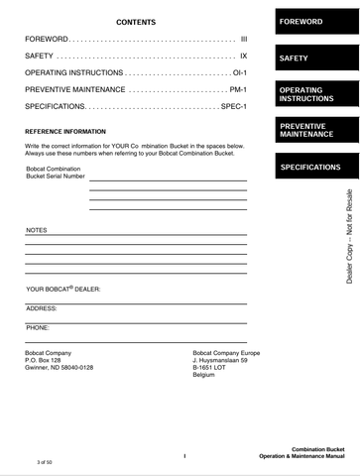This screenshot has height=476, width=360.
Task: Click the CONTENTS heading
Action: coord(136,21)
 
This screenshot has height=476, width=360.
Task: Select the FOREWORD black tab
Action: coord(315,22)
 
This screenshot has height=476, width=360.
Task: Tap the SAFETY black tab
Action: coord(315,59)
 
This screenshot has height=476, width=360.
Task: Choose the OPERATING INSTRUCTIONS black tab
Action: coord(315,95)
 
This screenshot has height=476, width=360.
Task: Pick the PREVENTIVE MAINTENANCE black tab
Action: coord(315,130)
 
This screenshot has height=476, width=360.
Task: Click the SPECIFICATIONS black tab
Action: coord(315,168)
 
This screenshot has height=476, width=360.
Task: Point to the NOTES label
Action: coord(36,230)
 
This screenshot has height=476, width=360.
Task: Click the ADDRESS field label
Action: coord(42,308)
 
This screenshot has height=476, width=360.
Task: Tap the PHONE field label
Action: coord(38,326)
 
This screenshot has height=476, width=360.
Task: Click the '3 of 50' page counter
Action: coord(44,463)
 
